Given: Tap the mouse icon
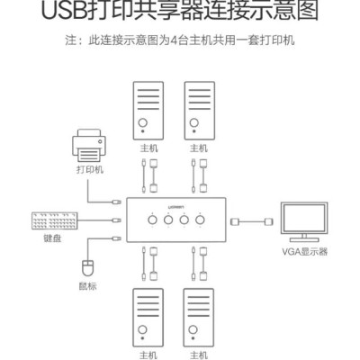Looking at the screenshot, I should [87, 267].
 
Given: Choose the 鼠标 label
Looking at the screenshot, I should [87, 287].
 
